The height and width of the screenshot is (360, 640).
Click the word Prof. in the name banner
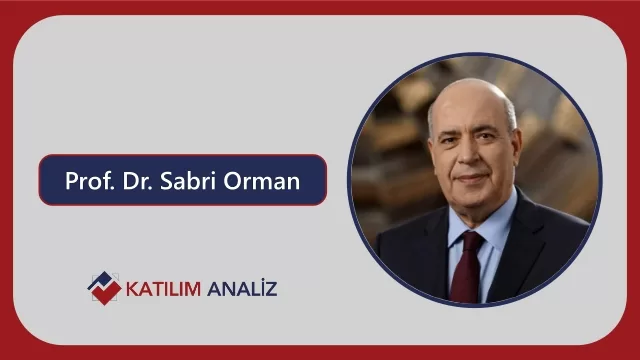(x=89, y=180)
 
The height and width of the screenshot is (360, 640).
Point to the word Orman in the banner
(x=262, y=181)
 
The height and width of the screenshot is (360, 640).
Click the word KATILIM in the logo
(x=163, y=289)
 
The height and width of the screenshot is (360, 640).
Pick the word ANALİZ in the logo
(x=242, y=288)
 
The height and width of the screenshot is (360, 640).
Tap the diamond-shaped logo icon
(x=104, y=288)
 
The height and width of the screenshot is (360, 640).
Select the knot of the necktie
(x=472, y=240)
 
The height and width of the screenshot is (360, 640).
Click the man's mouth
(x=473, y=178)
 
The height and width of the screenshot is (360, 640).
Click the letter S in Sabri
(x=166, y=181)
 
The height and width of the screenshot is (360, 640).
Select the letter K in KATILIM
(x=133, y=289)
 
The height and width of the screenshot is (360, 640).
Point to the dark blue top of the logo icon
(x=101, y=280)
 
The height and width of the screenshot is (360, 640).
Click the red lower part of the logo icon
(x=107, y=293)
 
